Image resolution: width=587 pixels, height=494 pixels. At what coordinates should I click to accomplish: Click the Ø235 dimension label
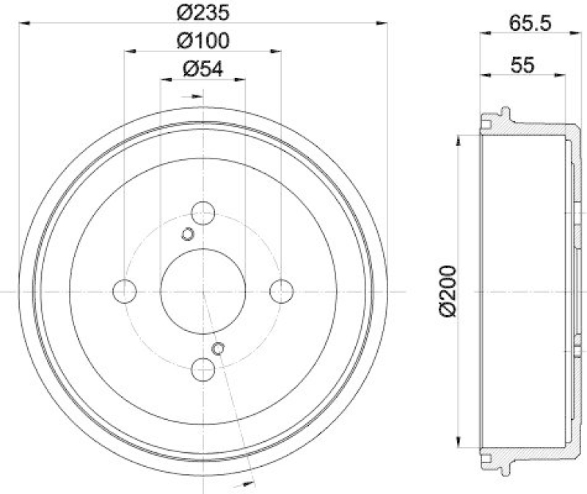pos(203,12)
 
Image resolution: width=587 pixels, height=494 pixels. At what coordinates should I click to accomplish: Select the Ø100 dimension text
pos(203,40)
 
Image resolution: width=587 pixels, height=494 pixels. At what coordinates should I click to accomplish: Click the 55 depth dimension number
pos(522,64)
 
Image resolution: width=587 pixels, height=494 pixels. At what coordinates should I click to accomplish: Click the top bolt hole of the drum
pos(203,214)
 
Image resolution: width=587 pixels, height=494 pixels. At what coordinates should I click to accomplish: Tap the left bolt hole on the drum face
pos(125,291)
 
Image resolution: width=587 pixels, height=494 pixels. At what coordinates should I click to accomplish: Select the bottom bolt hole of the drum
pos(203,369)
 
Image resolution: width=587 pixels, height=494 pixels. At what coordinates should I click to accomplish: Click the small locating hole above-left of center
pos(187,234)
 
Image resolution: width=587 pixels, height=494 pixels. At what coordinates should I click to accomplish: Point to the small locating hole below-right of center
pos(218,348)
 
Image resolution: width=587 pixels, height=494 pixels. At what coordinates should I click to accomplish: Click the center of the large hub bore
pos(203,291)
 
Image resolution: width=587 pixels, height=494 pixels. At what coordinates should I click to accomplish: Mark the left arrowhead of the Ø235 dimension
pos(24,24)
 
